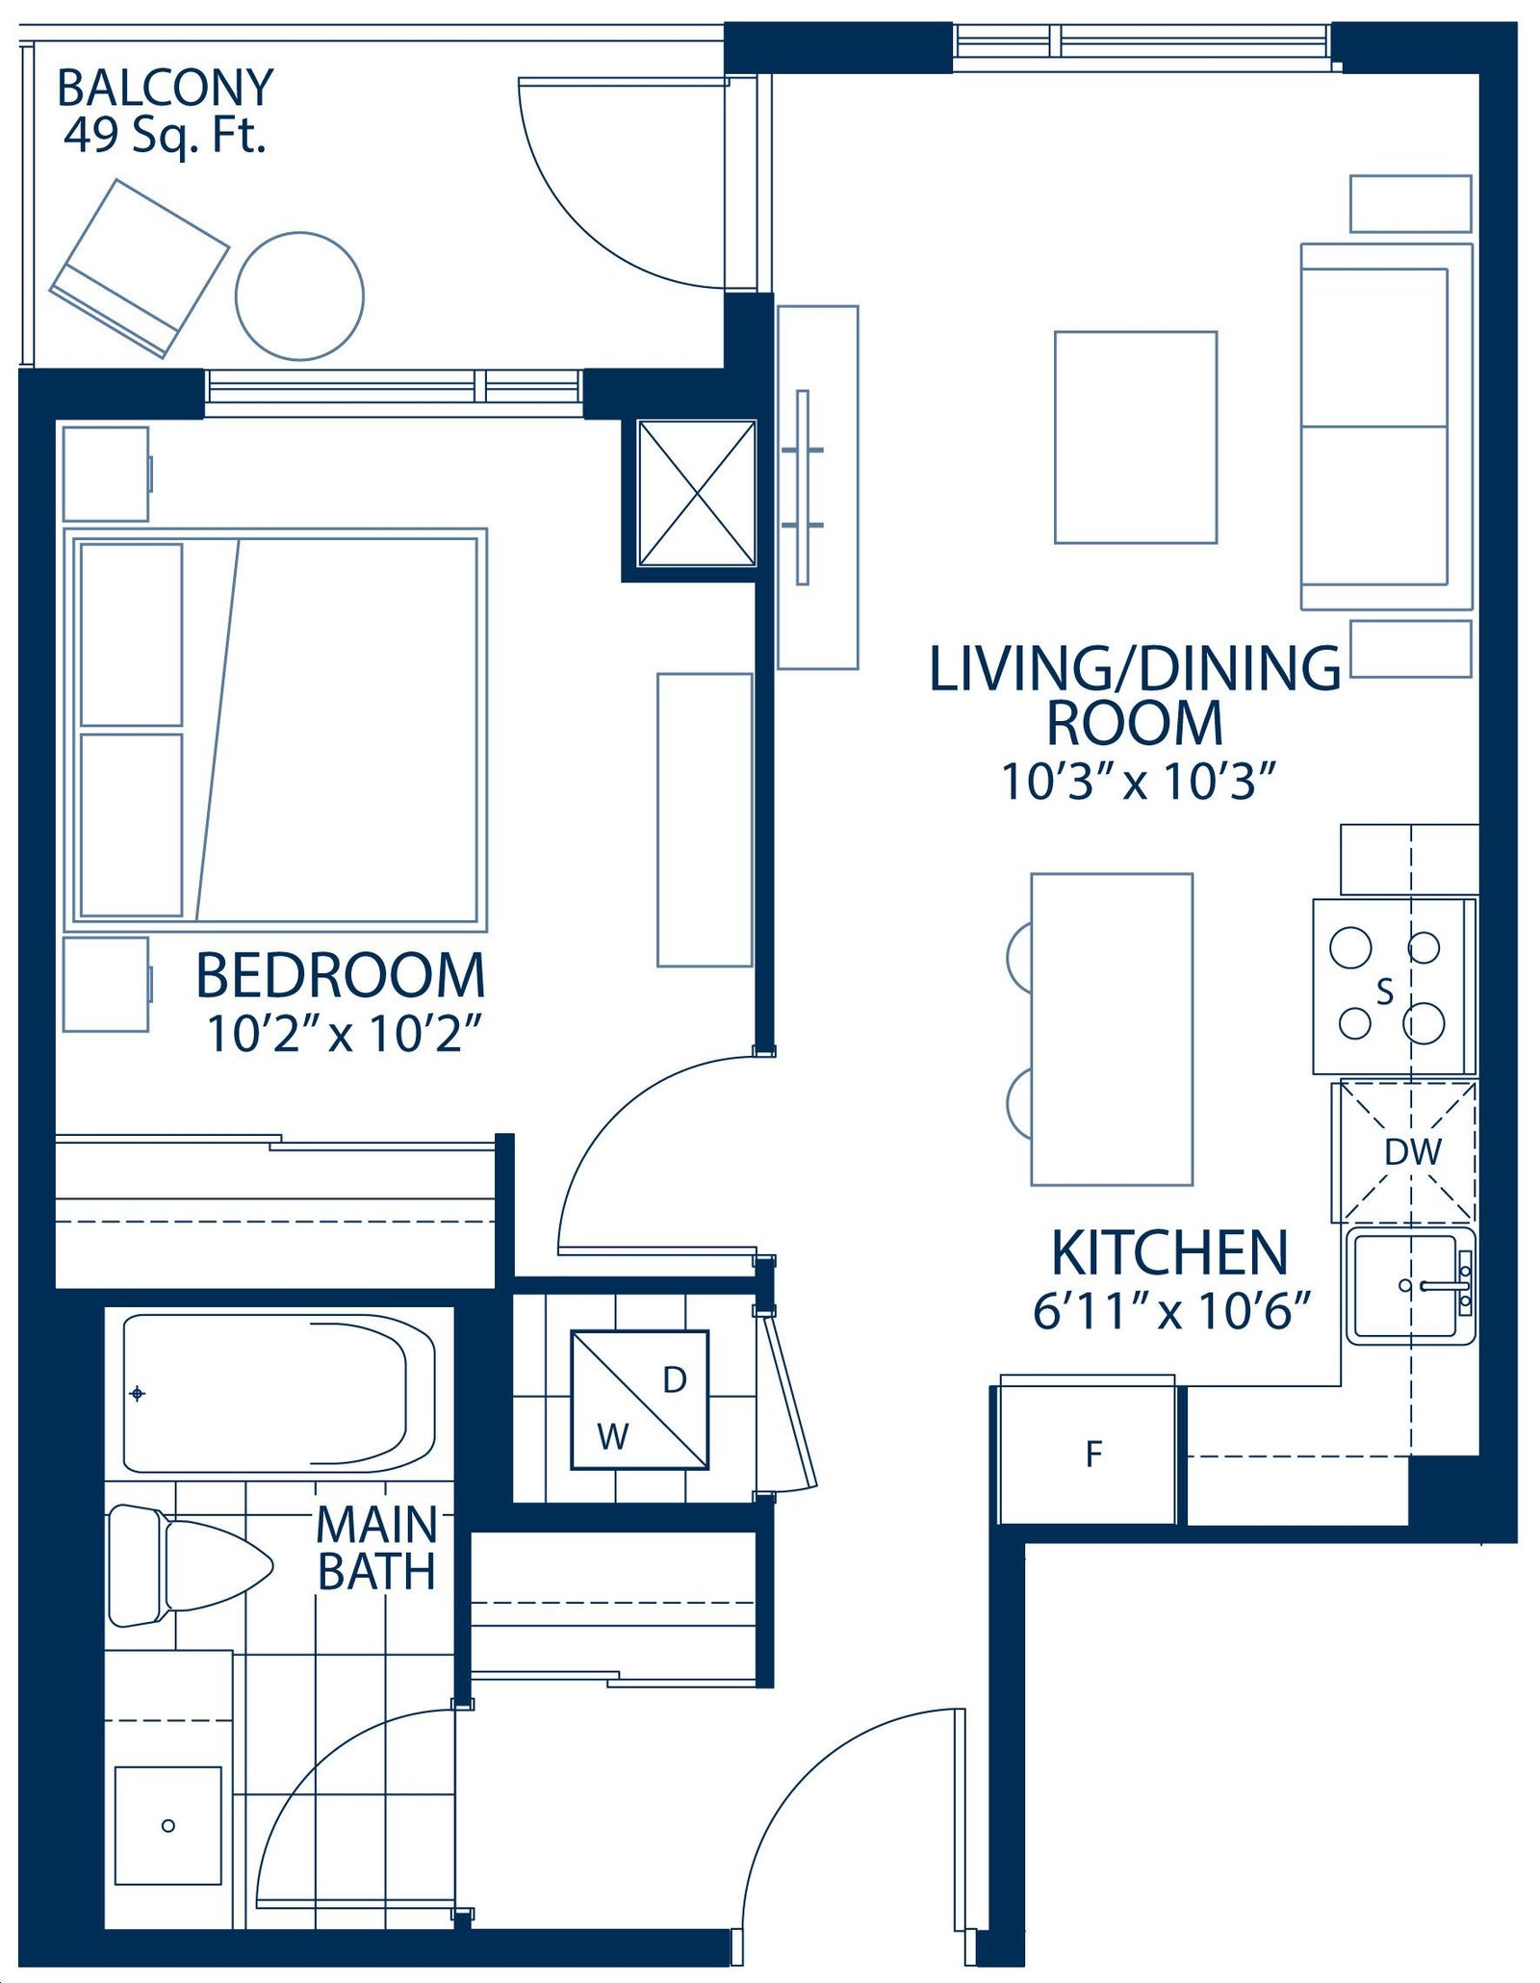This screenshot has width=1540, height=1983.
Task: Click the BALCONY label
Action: (x=166, y=88)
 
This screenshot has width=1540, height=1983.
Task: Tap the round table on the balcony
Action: (x=299, y=296)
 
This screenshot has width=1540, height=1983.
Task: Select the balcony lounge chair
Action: (x=140, y=268)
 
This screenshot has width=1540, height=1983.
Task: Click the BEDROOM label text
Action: (x=341, y=975)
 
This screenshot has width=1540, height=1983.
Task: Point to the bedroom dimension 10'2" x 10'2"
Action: (x=344, y=1034)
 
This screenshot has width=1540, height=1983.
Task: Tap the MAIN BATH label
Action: (x=376, y=1548)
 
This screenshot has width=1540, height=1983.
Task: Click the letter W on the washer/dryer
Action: (x=612, y=1437)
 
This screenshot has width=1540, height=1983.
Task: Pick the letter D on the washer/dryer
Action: (x=675, y=1380)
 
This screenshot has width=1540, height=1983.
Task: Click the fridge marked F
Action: (x=1087, y=1451)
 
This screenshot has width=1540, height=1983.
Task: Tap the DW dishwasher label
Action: (x=1413, y=1152)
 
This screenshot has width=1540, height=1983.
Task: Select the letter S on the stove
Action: (x=1385, y=991)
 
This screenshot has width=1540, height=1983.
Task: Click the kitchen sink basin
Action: (x=1405, y=1285)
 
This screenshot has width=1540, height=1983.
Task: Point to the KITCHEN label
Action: (x=1169, y=1252)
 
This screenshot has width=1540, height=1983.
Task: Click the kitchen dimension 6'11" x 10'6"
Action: (x=1172, y=1311)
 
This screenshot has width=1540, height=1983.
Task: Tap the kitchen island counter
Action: (x=1112, y=1029)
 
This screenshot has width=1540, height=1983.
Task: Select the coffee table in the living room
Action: (x=1136, y=438)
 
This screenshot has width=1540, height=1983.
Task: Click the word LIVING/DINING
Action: (x=1136, y=669)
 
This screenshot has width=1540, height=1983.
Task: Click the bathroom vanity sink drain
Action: (x=168, y=1826)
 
